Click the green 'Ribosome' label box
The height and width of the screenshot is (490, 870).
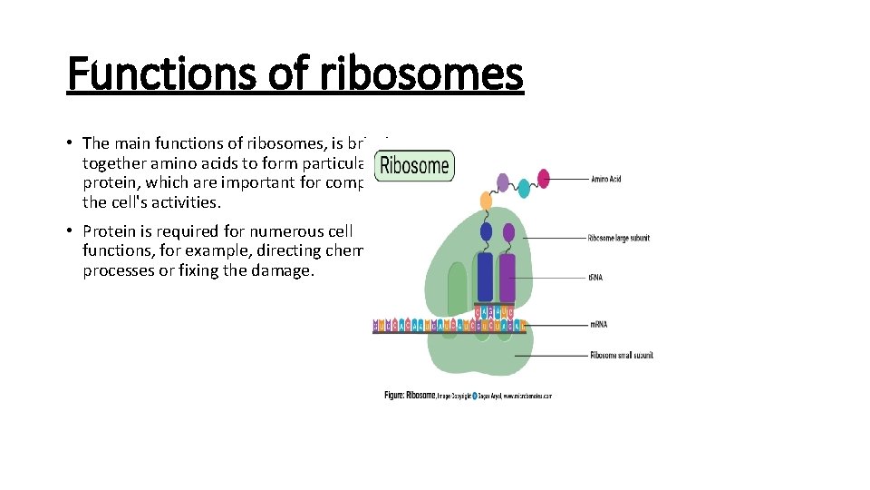click(x=414, y=165)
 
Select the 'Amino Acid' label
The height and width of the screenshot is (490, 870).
click(x=605, y=179)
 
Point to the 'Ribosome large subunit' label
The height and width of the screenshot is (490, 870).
click(x=619, y=238)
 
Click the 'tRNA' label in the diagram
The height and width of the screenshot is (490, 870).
click(x=595, y=277)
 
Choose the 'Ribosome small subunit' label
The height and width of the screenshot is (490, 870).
click(x=621, y=355)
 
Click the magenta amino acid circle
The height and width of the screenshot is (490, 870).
click(x=544, y=178)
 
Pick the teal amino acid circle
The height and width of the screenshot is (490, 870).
click(x=523, y=188)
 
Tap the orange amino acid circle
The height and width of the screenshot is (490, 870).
click(x=486, y=201)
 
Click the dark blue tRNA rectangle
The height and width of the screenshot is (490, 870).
click(x=485, y=277)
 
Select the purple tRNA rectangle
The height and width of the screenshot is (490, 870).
click(x=507, y=277)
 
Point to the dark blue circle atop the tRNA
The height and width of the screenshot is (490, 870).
click(x=486, y=231)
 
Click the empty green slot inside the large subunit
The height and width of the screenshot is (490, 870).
click(x=457, y=286)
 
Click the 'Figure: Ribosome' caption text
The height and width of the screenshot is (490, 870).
click(x=411, y=396)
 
